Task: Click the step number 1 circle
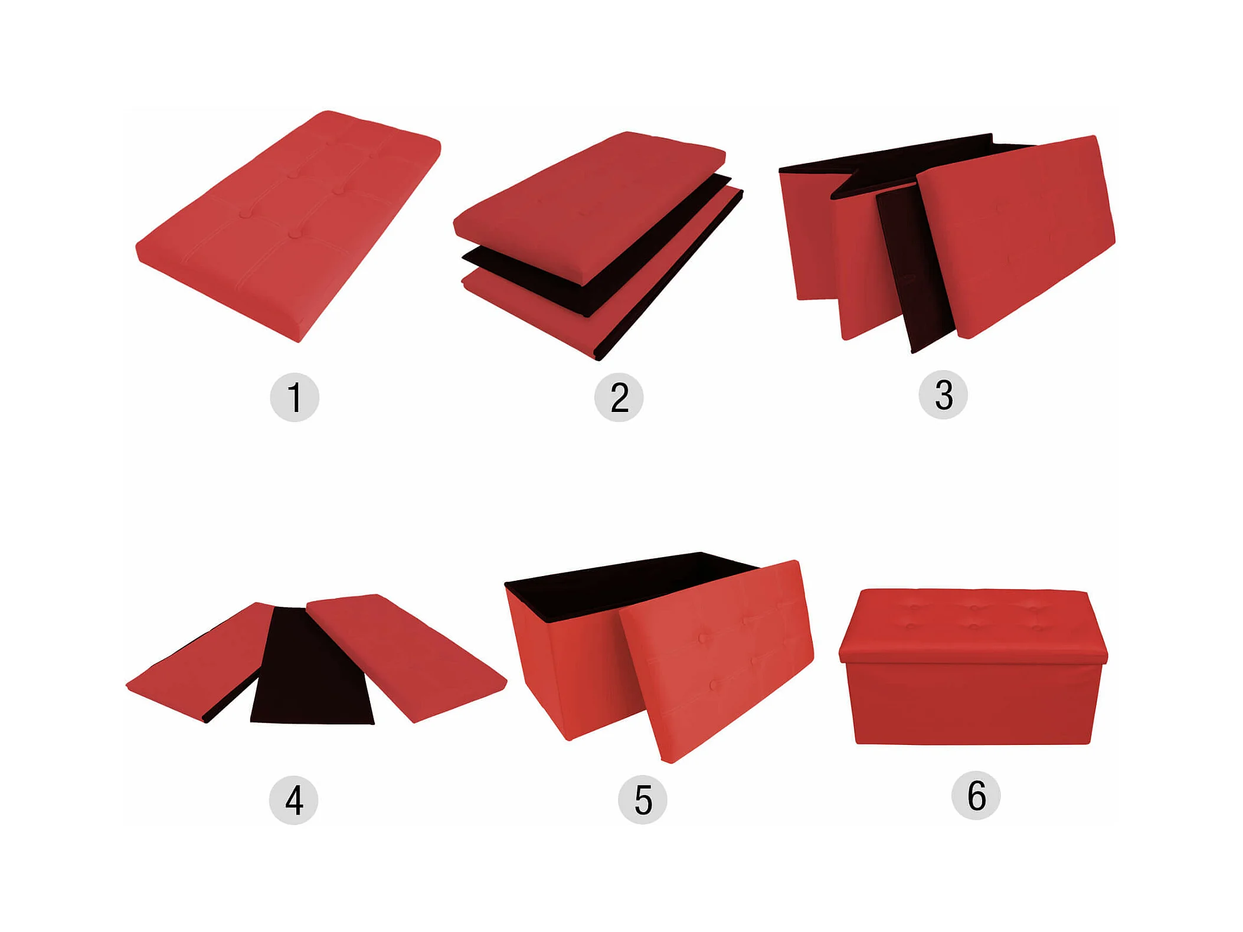click(295, 397)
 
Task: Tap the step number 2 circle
click(619, 397)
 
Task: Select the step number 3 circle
click(943, 395)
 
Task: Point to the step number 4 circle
click(293, 800)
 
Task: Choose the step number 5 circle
click(642, 800)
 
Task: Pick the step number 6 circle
click(976, 795)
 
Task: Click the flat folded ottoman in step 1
click(288, 226)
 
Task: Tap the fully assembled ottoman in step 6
click(973, 666)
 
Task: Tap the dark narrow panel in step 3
click(915, 269)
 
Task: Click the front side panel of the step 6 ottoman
click(973, 702)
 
